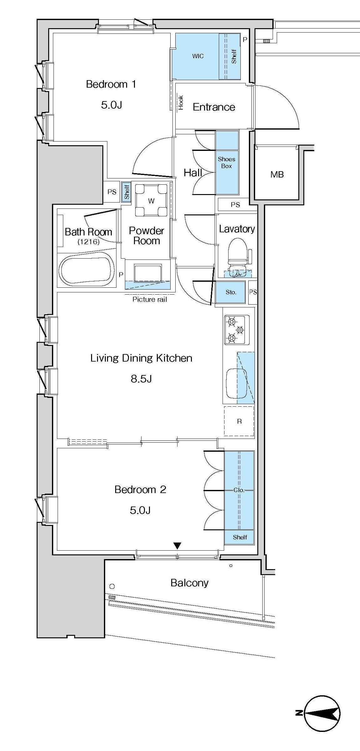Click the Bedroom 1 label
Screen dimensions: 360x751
[x=111, y=84]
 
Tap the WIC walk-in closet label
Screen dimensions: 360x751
[x=198, y=56]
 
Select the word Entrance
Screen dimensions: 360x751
[x=214, y=107]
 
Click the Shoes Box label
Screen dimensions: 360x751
[x=226, y=162]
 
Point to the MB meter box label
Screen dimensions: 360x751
[x=277, y=174]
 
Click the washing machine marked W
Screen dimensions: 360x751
[x=151, y=200]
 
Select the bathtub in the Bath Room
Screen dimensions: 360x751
[x=87, y=270]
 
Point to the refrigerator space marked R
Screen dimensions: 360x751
[x=239, y=421]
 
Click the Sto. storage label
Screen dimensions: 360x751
[x=231, y=292]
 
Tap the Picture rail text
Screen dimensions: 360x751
[x=150, y=299]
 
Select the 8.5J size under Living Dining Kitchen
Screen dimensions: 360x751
[x=141, y=379]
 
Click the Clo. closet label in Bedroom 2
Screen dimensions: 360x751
[x=239, y=490]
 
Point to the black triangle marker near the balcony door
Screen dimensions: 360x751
[x=177, y=546]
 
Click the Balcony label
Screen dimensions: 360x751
[x=189, y=583]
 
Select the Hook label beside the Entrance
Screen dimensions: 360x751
[x=181, y=103]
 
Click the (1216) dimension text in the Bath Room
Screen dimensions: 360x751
[x=88, y=241]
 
